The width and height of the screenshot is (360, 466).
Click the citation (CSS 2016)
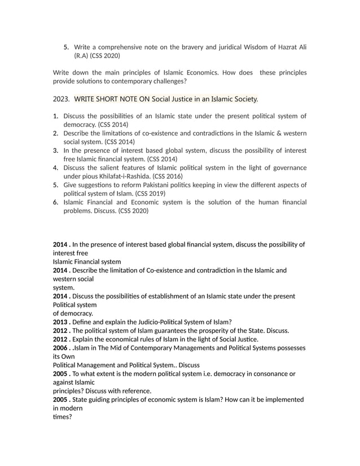pyautogui.click(x=164, y=176)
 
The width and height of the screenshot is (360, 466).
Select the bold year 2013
pyautogui.click(x=61, y=322)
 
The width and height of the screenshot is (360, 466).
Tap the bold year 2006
pyautogui.click(x=61, y=348)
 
